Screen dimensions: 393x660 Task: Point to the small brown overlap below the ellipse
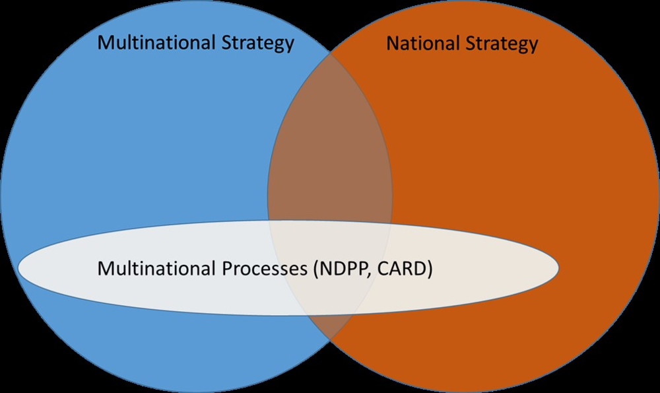tap(330, 324)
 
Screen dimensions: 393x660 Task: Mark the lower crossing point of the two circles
tap(330, 338)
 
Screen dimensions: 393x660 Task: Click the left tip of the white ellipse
tap(18, 268)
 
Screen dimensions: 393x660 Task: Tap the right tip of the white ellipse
tap(559, 268)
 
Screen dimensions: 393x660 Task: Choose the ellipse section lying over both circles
tap(330, 291)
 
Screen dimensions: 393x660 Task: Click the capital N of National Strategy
tap(393, 44)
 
